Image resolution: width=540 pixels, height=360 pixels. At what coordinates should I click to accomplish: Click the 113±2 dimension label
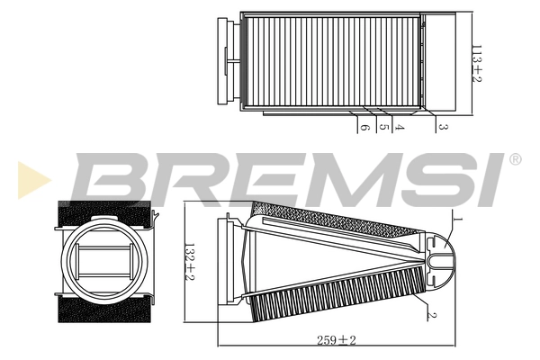(x=478, y=62)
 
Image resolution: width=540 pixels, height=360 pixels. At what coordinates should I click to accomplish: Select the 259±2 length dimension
(x=337, y=340)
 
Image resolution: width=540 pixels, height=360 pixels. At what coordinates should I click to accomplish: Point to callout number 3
(x=443, y=129)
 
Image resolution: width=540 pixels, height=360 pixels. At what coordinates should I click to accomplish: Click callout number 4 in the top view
(x=399, y=129)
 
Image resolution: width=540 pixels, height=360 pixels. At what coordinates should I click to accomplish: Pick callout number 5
(x=383, y=129)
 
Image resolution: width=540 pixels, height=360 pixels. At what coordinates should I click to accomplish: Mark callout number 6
(x=364, y=129)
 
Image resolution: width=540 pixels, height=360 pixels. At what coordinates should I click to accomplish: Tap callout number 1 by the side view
(x=458, y=219)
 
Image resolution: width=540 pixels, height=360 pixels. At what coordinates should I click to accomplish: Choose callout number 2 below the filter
(x=433, y=314)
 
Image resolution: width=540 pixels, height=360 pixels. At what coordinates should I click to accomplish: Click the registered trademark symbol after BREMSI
(x=515, y=159)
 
